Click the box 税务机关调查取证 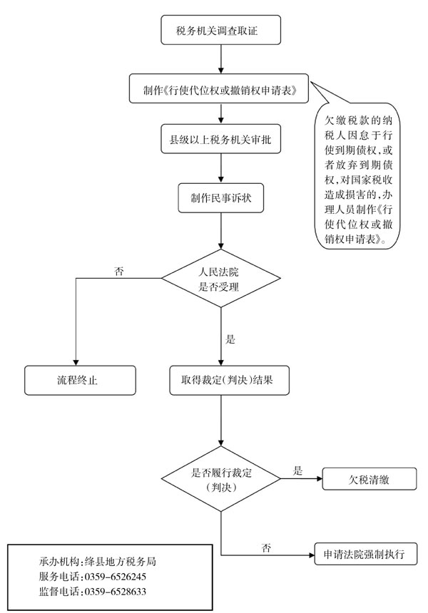[222, 31]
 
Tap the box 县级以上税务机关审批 [222, 140]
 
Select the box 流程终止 [79, 380]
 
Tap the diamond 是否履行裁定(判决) [222, 479]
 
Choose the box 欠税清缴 [369, 479]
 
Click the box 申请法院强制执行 [365, 554]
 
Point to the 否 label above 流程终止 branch [119, 271]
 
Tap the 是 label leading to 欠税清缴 [298, 470]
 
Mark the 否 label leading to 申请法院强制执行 [266, 547]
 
